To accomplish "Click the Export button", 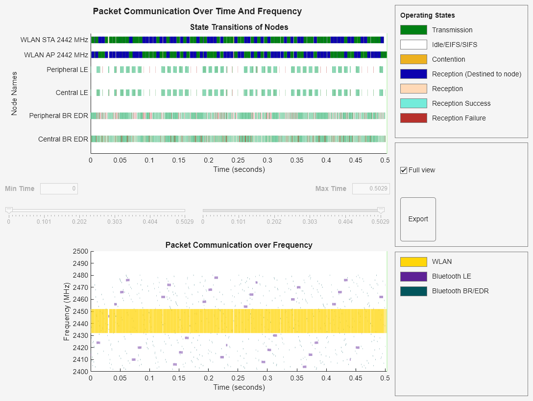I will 418,219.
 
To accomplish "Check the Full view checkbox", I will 404,170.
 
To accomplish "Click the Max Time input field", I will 371,189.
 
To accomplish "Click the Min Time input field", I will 59,189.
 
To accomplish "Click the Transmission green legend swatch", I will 413,30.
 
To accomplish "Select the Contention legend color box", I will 413,59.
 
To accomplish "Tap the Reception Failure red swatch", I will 413,118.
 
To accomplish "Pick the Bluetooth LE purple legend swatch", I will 413,276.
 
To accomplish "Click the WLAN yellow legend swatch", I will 413,261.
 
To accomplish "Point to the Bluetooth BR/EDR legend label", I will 460,291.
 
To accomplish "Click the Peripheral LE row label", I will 67,70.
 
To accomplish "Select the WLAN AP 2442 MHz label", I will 56,55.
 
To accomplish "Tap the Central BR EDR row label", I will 63,139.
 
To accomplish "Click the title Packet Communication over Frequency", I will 239,245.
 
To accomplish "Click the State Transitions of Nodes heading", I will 239,27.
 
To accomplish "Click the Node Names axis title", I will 14,94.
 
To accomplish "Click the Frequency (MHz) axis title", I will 67,311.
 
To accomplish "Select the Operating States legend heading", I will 427,15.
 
